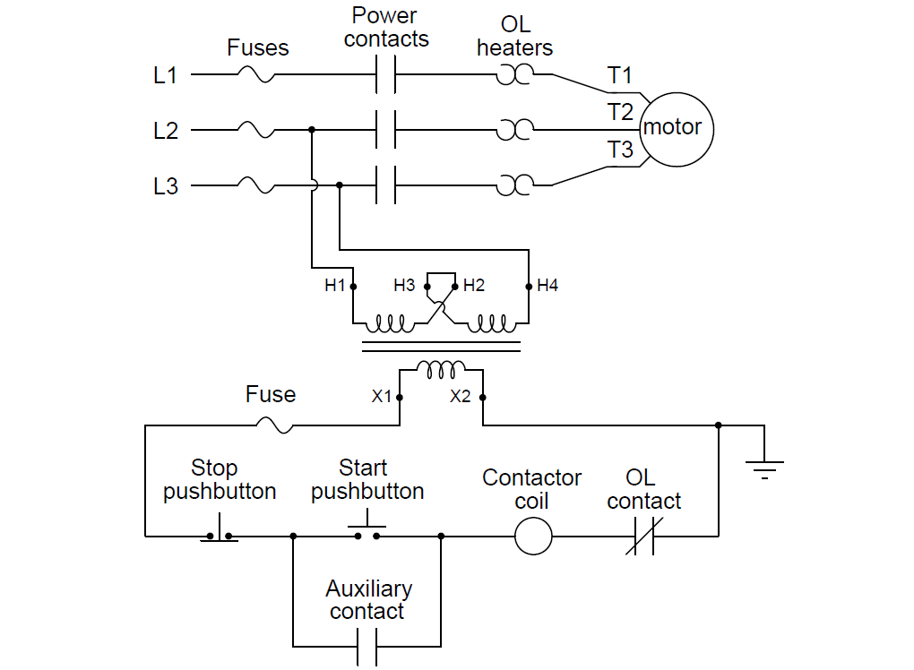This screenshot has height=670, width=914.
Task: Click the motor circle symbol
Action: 673,128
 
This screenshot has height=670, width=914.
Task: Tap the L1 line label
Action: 166,76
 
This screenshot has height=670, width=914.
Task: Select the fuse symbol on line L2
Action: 256,131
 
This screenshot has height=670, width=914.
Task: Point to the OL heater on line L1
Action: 513,76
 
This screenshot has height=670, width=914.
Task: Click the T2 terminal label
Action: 620,112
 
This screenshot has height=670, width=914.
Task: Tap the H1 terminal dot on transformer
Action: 353,287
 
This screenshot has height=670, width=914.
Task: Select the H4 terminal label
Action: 548,286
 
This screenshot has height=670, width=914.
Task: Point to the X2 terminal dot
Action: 482,397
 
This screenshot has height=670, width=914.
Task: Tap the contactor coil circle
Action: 533,537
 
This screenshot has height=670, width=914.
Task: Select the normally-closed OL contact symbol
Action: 643,537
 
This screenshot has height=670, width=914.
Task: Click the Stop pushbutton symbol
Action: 220,533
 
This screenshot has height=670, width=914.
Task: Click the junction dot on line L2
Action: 312,131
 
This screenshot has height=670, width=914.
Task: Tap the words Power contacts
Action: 385,28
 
